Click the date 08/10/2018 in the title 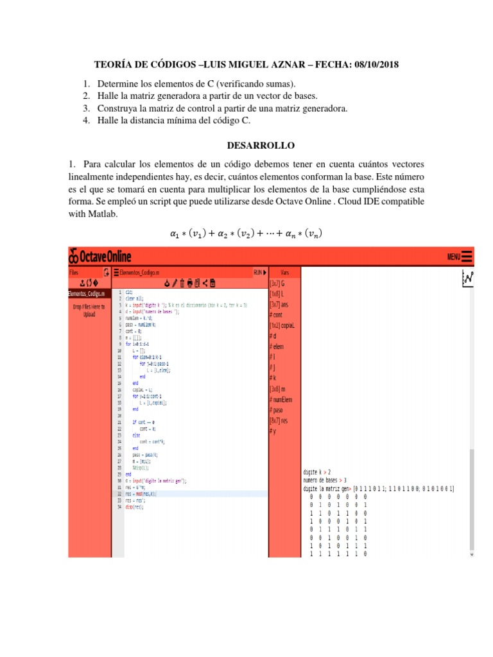tap(378, 65)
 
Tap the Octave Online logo tap(100, 257)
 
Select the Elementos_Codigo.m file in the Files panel tap(88, 294)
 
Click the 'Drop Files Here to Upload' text tap(88, 311)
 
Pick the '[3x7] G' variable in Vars tap(277, 282)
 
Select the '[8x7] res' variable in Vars tap(279, 420)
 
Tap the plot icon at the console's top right tap(467, 278)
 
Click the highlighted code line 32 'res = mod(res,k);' tap(140, 494)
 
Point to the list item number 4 tap(87, 120)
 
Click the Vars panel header tap(285, 272)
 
